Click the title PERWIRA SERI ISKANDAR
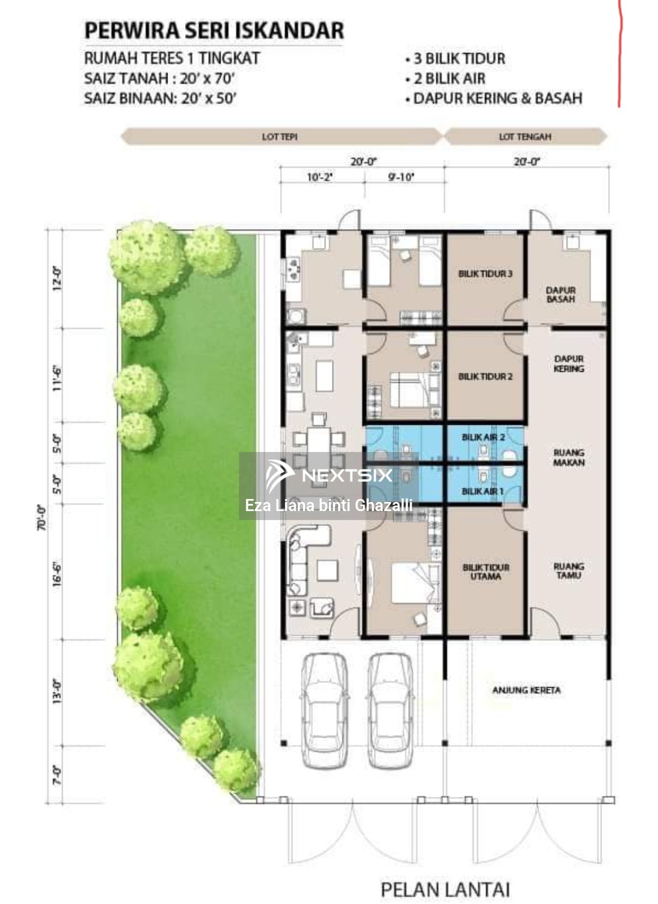[x=214, y=30]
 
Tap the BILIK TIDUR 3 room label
[x=485, y=274]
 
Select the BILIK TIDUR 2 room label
[x=485, y=377]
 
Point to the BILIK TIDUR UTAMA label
[x=486, y=572]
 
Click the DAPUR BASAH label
[x=560, y=295]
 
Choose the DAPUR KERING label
[x=568, y=363]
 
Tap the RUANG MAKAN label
[x=569, y=457]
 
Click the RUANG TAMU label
[x=569, y=571]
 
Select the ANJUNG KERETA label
[x=526, y=690]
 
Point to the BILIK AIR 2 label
[x=483, y=437]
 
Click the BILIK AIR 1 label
[x=482, y=491]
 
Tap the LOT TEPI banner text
[x=280, y=137]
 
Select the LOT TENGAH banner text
[x=525, y=137]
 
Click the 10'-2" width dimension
[x=320, y=177]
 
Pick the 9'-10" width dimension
[x=401, y=177]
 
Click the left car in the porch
[x=325, y=709]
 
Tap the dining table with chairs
[x=319, y=440]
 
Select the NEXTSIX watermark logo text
[x=347, y=476]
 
